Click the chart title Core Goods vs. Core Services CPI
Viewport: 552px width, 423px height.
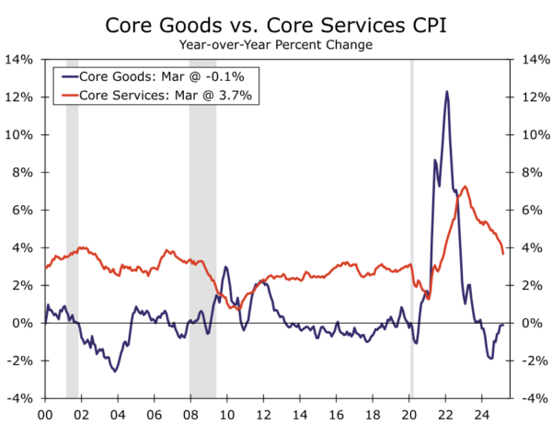[x=276, y=23]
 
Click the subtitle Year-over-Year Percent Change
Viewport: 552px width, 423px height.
[x=276, y=44]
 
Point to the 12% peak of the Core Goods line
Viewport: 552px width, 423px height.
[x=447, y=91]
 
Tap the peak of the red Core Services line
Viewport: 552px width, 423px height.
[x=465, y=187]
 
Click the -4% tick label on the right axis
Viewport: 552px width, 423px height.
[x=534, y=399]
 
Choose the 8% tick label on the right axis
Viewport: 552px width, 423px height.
[x=534, y=173]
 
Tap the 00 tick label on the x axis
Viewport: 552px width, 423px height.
[x=44, y=414]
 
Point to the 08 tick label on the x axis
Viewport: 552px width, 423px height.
[x=189, y=414]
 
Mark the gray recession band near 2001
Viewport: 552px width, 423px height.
[x=72, y=230]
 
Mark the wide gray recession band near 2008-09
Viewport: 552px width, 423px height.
[x=202, y=230]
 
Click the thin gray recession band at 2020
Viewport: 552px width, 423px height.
[x=411, y=230]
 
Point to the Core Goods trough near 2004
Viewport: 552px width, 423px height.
[x=115, y=371]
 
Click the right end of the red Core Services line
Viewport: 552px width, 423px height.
[x=502, y=253]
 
